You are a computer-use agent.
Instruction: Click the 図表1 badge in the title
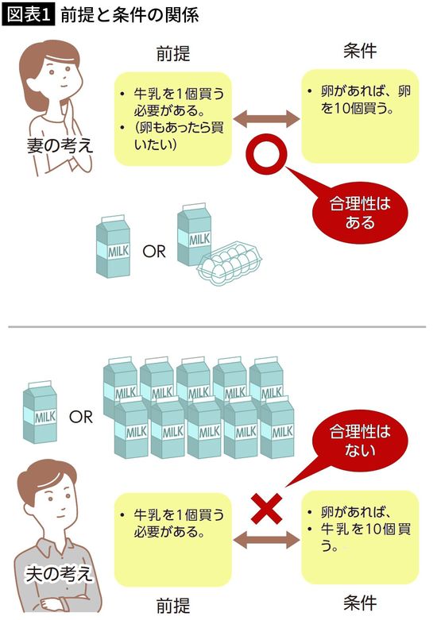click(29, 15)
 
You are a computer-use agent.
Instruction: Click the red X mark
click(267, 506)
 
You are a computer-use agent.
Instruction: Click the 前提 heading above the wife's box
click(174, 54)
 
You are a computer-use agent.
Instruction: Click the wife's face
click(49, 75)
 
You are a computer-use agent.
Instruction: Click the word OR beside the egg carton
click(153, 253)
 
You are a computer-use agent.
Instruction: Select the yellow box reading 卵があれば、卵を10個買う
click(360, 115)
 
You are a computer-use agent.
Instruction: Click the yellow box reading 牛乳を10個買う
click(360, 536)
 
